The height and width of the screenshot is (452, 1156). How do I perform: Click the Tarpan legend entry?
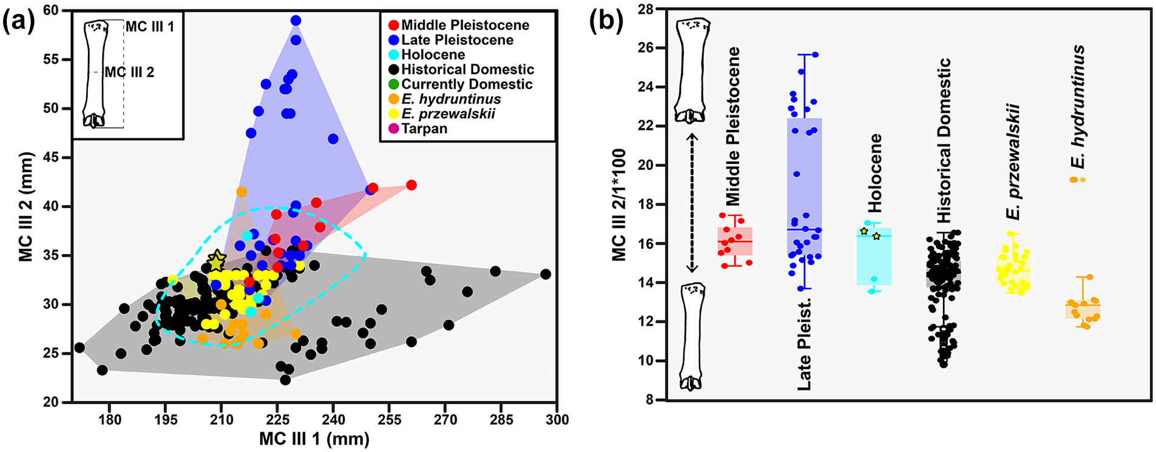(417, 129)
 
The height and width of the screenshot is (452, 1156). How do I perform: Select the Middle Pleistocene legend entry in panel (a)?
(459, 25)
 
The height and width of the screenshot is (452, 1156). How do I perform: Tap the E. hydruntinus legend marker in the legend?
(394, 99)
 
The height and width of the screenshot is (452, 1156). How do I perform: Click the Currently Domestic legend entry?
(461, 84)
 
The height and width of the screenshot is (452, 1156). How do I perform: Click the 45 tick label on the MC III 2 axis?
(52, 158)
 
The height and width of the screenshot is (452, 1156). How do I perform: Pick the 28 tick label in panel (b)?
(645, 10)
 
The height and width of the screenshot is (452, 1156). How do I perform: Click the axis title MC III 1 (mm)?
(314, 439)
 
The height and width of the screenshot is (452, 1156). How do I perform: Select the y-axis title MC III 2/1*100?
(619, 204)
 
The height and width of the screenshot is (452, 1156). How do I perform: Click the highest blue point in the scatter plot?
(296, 21)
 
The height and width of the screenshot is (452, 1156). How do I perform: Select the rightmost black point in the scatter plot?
(546, 274)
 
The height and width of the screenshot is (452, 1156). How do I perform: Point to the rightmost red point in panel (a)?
(411, 185)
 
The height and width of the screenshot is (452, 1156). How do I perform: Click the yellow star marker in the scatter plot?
(216, 261)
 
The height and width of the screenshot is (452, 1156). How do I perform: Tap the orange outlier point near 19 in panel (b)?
(1074, 180)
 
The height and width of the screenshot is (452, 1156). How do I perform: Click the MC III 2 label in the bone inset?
(129, 72)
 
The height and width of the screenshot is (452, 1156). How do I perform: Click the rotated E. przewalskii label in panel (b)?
(1012, 161)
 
